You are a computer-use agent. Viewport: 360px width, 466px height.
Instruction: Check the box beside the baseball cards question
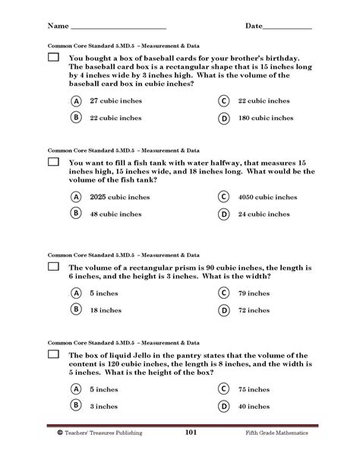click(x=54, y=58)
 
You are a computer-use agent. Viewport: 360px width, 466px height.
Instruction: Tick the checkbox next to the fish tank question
click(x=54, y=162)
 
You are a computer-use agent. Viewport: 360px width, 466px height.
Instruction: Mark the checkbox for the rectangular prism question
click(x=54, y=267)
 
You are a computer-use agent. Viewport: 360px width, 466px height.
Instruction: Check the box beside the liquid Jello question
click(x=54, y=355)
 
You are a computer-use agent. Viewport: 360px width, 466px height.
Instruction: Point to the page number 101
click(x=191, y=433)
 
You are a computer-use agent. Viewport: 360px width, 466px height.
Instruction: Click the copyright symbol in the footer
click(x=59, y=433)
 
